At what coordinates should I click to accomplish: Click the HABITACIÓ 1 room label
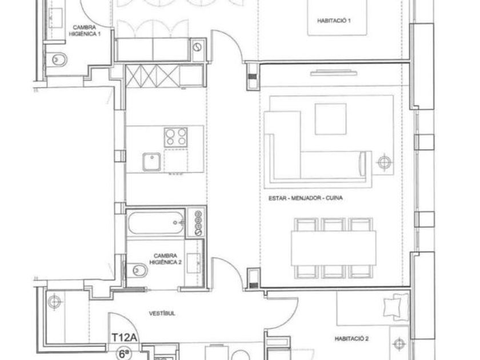click(x=334, y=21)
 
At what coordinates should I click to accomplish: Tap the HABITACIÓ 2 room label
click(x=351, y=339)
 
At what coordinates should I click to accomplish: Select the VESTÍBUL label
click(x=162, y=314)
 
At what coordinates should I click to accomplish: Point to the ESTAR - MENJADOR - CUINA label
click(x=306, y=198)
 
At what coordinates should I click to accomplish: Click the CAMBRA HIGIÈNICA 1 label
click(x=85, y=31)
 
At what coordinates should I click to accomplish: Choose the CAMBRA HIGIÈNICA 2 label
click(x=165, y=259)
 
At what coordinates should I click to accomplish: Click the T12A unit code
click(x=124, y=338)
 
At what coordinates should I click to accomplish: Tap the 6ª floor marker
click(x=123, y=354)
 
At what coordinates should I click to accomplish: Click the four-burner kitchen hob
click(x=176, y=137)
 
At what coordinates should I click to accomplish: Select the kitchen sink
click(x=151, y=162)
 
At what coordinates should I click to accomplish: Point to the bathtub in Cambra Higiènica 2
click(x=156, y=222)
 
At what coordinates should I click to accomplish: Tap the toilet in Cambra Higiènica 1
click(x=57, y=59)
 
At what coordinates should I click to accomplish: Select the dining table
click(x=333, y=248)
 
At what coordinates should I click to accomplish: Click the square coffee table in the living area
click(x=331, y=119)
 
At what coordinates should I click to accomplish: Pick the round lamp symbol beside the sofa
click(x=385, y=162)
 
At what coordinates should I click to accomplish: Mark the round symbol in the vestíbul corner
click(x=54, y=302)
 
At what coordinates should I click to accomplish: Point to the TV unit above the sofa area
click(x=333, y=73)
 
